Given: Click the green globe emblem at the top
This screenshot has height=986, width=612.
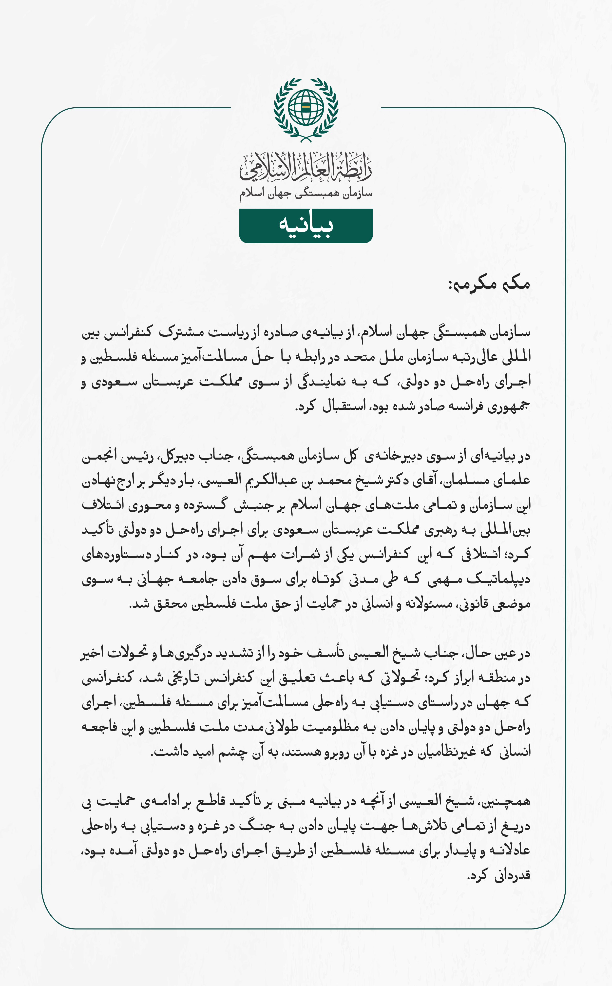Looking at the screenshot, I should click(x=306, y=109).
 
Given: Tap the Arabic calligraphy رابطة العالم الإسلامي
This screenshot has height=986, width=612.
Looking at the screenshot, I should click(x=306, y=167).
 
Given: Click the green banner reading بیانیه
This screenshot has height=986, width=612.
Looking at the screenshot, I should click(x=306, y=225).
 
